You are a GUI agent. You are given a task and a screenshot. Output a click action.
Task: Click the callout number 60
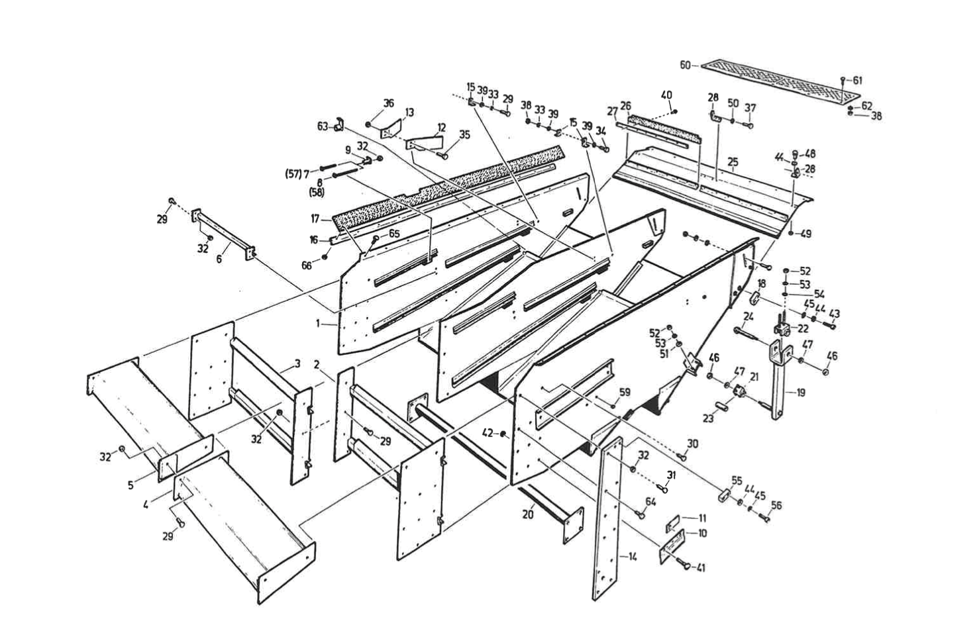[685, 65]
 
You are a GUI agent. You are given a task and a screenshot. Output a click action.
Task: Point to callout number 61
[857, 80]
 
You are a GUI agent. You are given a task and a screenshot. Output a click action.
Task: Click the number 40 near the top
[666, 95]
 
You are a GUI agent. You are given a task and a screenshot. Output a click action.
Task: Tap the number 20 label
[527, 513]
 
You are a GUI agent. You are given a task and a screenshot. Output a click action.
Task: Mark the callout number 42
[488, 433]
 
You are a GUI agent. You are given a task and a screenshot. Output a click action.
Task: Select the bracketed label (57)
[292, 173]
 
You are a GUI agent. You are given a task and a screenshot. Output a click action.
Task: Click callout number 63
[323, 126]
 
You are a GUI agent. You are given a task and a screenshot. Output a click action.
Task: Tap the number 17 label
[315, 218]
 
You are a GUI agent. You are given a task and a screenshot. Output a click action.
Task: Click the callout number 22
[803, 329]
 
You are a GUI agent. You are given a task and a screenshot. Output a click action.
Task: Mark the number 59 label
[625, 392]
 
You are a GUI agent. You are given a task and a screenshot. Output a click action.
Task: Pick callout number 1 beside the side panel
[319, 324]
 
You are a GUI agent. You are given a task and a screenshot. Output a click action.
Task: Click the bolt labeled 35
[443, 155]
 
